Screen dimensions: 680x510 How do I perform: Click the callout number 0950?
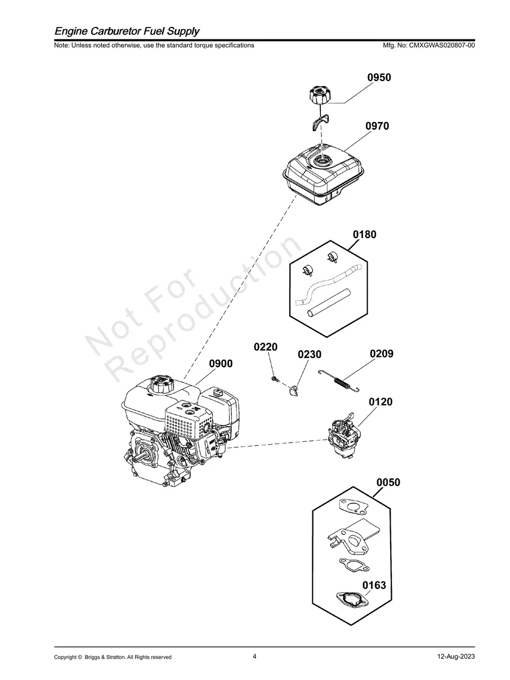379,78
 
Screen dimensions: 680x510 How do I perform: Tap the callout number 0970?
377,127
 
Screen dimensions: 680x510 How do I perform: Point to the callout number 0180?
365,234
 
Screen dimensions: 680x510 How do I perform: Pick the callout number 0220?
266,347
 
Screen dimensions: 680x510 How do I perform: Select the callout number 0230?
310,355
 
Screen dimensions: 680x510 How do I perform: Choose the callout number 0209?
382,354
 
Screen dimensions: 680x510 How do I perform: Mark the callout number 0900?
221,364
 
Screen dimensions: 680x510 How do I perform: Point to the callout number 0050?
388,482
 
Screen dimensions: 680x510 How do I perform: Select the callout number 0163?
374,585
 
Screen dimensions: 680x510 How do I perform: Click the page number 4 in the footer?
255,656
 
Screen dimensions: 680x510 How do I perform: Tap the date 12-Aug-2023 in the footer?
456,657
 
